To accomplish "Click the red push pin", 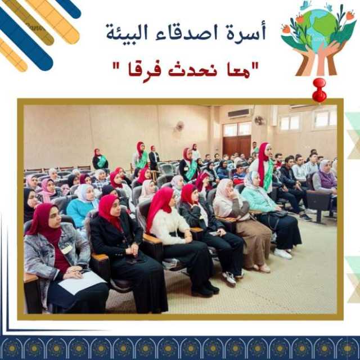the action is [319, 90].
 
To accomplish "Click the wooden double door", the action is [237, 145].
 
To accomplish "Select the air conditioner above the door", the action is [239, 113].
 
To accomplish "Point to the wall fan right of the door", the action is [259, 120].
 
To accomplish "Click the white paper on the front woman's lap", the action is [82, 282].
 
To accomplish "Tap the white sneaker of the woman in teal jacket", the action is [283, 254].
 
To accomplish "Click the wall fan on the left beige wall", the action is [180, 126].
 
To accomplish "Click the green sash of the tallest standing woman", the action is [268, 173].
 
